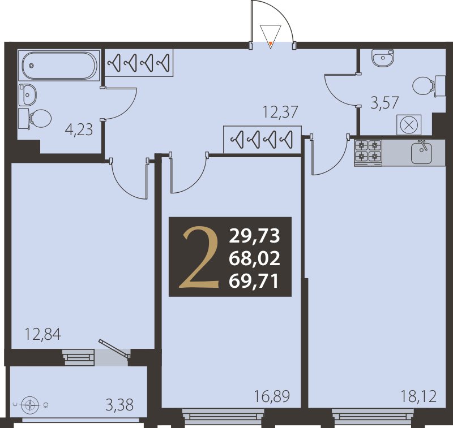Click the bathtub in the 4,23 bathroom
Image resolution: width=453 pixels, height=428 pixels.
59,66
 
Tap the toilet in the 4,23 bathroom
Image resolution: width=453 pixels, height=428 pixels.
35,119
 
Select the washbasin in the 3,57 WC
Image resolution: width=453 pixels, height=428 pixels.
383,58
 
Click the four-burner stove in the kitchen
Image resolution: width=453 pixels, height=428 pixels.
368,153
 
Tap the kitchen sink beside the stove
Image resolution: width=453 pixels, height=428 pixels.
421,152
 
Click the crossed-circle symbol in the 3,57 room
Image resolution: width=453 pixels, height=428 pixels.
408,125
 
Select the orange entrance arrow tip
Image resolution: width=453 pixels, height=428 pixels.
271,44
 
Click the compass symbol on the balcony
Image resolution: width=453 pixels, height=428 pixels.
30,405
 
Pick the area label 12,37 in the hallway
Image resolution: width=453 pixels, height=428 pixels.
280,112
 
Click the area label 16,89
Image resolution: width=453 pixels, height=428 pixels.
272,396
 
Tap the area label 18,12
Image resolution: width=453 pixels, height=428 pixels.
418,396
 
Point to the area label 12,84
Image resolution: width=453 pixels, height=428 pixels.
43,334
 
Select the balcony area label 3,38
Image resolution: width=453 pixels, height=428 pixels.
119,405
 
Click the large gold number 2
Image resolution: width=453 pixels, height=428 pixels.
199,257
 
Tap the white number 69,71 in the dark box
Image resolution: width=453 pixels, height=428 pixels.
254,281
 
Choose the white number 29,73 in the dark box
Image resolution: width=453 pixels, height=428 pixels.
254,236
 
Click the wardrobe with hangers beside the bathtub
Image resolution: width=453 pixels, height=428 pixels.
139,63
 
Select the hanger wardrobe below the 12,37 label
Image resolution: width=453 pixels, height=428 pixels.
263,139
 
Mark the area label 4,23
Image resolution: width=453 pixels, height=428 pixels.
79,129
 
